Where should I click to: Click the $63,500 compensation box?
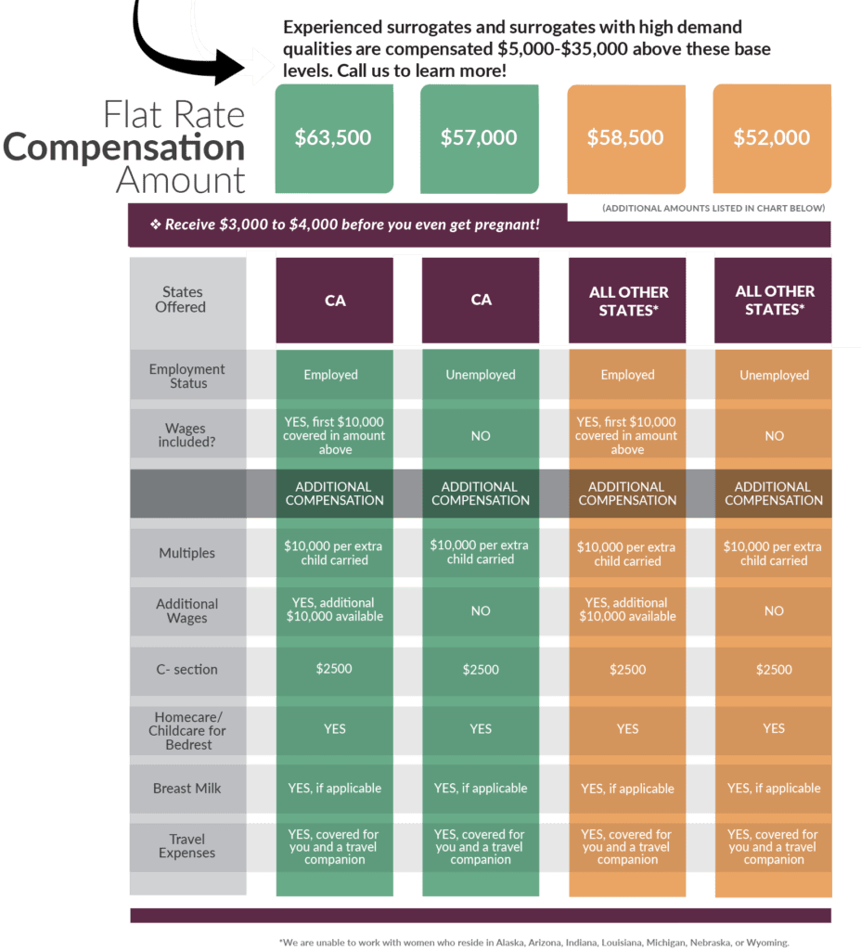pyautogui.click(x=334, y=139)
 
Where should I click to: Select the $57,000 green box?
pyautogui.click(x=480, y=139)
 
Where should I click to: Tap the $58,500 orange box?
pyautogui.click(x=626, y=139)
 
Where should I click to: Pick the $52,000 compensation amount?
pyautogui.click(x=772, y=139)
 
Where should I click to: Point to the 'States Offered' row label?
pyautogui.click(x=181, y=300)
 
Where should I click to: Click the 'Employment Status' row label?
pyautogui.click(x=187, y=376)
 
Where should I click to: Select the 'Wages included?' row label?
pyautogui.click(x=186, y=435)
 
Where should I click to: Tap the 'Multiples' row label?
pyautogui.click(x=186, y=553)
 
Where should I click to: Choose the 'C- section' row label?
pyautogui.click(x=186, y=670)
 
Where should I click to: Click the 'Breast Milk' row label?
pyautogui.click(x=186, y=789)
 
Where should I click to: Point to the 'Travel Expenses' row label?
pyautogui.click(x=186, y=846)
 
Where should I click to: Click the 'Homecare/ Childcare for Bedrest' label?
pyautogui.click(x=187, y=731)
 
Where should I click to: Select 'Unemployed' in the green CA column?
pyautogui.click(x=481, y=375)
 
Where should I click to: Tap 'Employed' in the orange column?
pyautogui.click(x=628, y=375)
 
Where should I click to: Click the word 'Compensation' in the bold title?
pyautogui.click(x=124, y=148)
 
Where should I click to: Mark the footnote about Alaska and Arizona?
pyautogui.click(x=533, y=943)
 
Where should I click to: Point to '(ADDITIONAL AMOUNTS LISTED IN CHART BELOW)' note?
pyautogui.click(x=713, y=209)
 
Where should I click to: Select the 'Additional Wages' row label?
pyautogui.click(x=186, y=610)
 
